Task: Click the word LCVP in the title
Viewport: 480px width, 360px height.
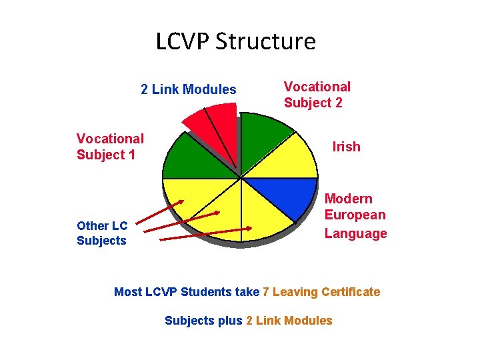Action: point(182,41)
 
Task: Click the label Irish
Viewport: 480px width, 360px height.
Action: point(346,147)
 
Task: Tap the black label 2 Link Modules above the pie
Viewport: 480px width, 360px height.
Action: point(189,89)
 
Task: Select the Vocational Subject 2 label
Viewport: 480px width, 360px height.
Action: point(317,95)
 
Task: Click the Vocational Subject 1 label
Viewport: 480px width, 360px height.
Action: point(110,147)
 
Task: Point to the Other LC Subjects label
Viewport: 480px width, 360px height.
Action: point(101,233)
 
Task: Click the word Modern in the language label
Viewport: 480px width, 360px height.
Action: point(349,199)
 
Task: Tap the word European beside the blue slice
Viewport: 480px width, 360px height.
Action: point(355,215)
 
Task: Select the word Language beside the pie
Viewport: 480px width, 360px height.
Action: point(355,233)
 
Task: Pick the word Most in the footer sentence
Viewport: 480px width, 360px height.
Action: point(128,292)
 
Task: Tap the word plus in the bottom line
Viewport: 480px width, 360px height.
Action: point(231,321)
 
